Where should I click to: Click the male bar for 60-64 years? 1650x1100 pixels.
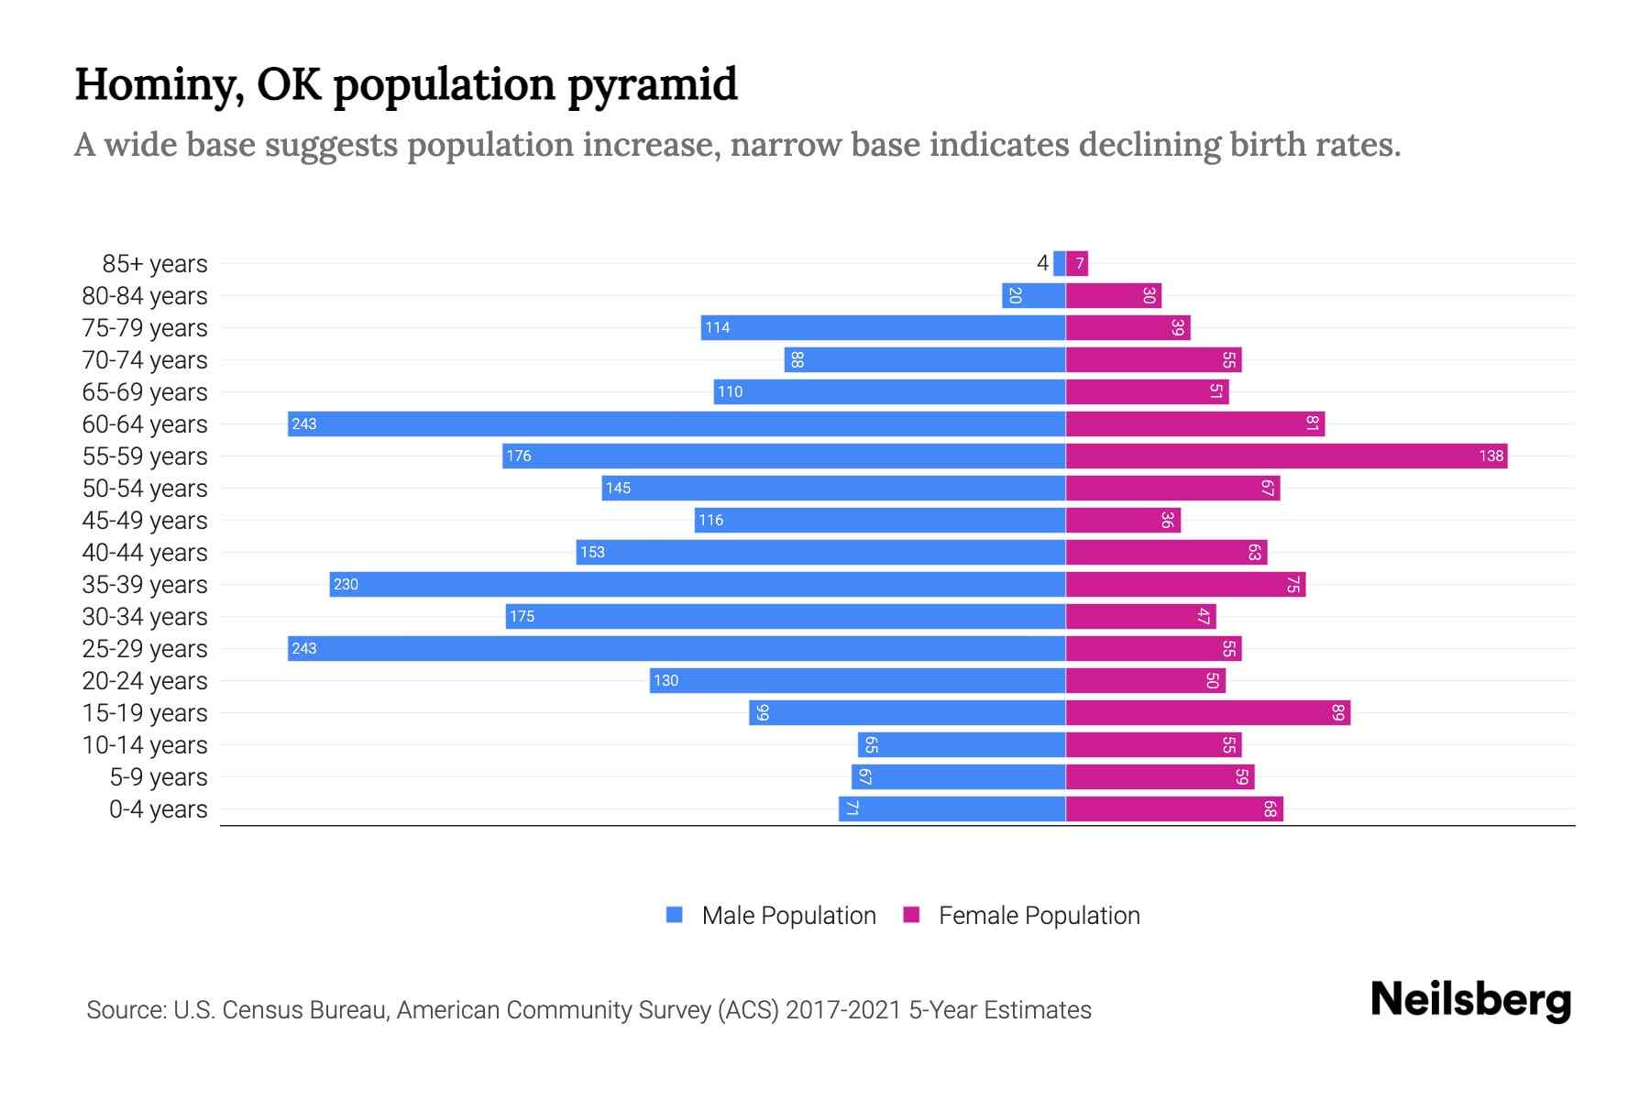[x=676, y=423]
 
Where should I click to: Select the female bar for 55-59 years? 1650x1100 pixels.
[x=1286, y=456]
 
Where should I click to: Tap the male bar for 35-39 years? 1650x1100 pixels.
[x=698, y=584]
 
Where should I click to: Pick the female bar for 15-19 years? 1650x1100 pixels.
[x=1207, y=712]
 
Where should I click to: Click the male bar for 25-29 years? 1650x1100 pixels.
[x=676, y=648]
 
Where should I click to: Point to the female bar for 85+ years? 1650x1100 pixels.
[x=1077, y=263]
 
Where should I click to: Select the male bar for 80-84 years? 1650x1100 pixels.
[x=1033, y=295]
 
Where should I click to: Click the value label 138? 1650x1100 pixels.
[x=1490, y=456]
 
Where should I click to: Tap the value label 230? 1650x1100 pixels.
[x=346, y=584]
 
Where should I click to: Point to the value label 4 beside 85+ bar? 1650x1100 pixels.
[x=1042, y=263]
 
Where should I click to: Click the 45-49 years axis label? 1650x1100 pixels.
[x=145, y=520]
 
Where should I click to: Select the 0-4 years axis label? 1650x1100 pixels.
[x=159, y=808]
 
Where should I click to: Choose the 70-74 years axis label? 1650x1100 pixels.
[x=145, y=359]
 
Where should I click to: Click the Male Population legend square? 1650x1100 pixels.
[x=675, y=915]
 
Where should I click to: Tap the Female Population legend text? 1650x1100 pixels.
[x=1039, y=915]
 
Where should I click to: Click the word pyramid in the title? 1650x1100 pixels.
[x=652, y=84]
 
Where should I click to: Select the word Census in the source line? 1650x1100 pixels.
[x=265, y=1009]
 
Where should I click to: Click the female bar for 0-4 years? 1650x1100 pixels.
[x=1174, y=808]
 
